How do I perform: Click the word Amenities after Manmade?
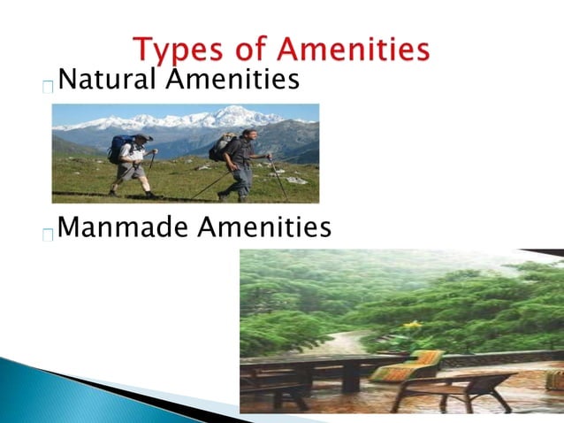tap(264, 229)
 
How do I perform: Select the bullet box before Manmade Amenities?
tap(48, 235)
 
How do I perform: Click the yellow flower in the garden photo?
tap(412, 325)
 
